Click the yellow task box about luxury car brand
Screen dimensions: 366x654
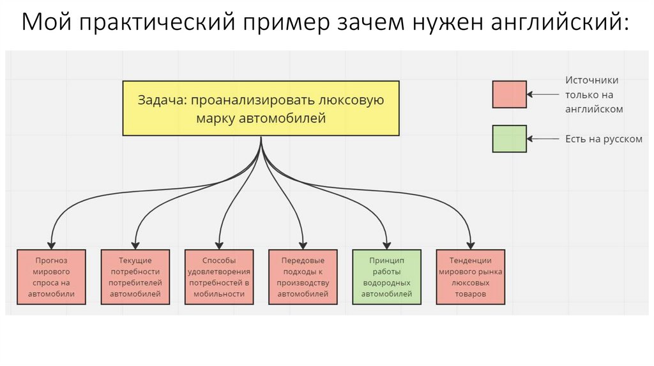(261, 108)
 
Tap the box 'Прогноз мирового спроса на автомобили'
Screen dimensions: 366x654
(52, 277)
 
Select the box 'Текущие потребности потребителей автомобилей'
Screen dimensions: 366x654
(135, 277)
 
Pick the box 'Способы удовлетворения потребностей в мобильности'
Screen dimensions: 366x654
(219, 277)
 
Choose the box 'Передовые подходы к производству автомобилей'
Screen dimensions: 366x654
(303, 277)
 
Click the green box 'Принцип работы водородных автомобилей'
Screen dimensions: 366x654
(387, 277)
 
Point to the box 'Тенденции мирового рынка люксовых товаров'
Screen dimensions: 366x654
(471, 277)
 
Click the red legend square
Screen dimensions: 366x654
(509, 94)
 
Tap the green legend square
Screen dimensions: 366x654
(509, 138)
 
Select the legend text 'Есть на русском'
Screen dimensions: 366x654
(604, 138)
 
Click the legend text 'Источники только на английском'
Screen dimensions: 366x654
(593, 94)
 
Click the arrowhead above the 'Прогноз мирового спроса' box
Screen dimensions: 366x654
(52, 245)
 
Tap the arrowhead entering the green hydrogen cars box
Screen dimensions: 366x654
(387, 245)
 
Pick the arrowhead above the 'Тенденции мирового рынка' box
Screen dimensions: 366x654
(471, 245)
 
